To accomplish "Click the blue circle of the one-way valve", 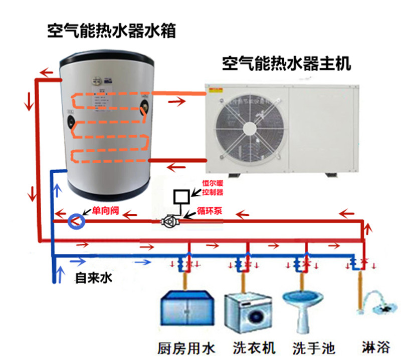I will click(x=76, y=220).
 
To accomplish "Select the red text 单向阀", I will click(x=104, y=211).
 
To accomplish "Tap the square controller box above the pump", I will click(x=180, y=197).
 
